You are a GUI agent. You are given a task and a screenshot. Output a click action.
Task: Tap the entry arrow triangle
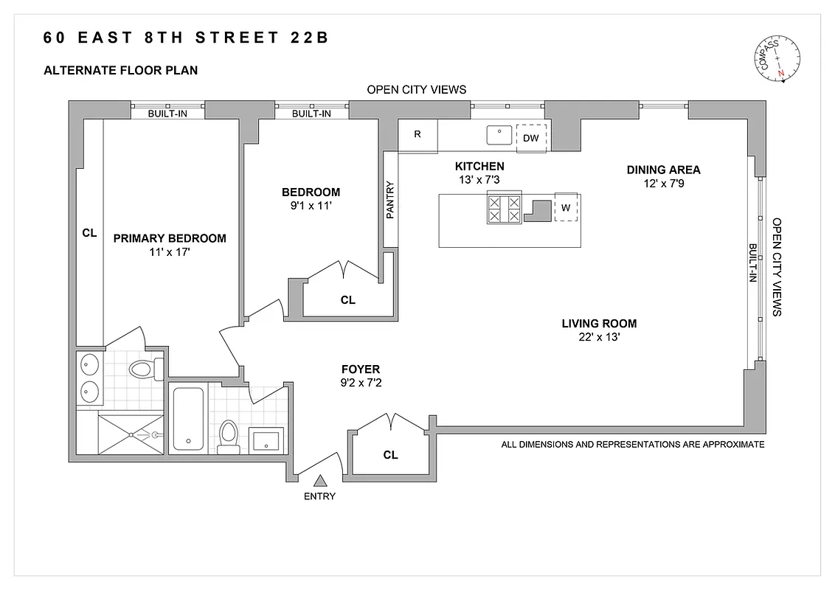click(x=319, y=481)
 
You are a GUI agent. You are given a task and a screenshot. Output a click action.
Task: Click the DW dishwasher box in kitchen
click(x=531, y=138)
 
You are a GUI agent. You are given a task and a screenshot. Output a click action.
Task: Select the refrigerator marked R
click(x=417, y=136)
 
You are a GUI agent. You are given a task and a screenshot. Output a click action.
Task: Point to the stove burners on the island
click(x=504, y=209)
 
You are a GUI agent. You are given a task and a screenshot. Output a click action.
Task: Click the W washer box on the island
click(x=565, y=208)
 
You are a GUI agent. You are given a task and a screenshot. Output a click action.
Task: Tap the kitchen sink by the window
click(x=499, y=135)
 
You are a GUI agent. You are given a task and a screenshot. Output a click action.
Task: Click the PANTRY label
click(x=391, y=201)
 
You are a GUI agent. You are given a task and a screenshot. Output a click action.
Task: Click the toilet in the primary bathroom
click(x=141, y=367)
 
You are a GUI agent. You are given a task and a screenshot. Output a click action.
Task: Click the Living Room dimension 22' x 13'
click(x=598, y=338)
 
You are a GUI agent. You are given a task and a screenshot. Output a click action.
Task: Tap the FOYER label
click(x=360, y=369)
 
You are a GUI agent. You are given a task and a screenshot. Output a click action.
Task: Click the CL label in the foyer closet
click(x=390, y=455)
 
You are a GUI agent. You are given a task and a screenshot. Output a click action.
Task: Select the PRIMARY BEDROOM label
click(x=170, y=238)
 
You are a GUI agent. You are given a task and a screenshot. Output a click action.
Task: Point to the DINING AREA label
click(x=663, y=170)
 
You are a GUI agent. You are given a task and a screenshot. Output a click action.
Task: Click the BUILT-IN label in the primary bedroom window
click(x=167, y=114)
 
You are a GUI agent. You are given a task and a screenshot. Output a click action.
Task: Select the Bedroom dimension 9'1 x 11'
click(x=311, y=206)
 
